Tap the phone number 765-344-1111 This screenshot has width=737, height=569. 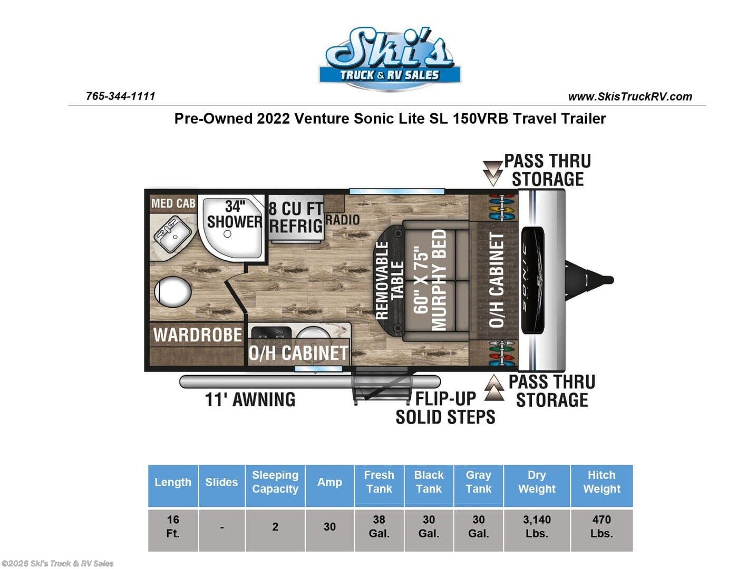point(120,96)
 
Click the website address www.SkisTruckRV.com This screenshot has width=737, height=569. point(630,96)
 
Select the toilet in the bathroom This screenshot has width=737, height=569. point(172,291)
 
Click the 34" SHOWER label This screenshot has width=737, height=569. point(235,214)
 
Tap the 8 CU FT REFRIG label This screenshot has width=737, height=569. point(296,218)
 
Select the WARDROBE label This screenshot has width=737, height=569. point(198,335)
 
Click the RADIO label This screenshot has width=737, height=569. point(343,220)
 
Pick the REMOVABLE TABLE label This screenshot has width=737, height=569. point(390,280)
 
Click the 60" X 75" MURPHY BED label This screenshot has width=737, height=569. point(430,280)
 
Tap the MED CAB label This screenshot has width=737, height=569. point(173,203)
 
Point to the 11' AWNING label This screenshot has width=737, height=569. point(250,399)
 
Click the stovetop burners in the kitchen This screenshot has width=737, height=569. point(271,332)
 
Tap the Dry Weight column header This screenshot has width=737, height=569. point(537,482)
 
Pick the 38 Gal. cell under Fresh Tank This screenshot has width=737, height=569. point(379,526)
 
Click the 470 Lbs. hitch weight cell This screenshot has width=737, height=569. point(602,526)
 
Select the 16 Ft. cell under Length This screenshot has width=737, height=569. point(172,526)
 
